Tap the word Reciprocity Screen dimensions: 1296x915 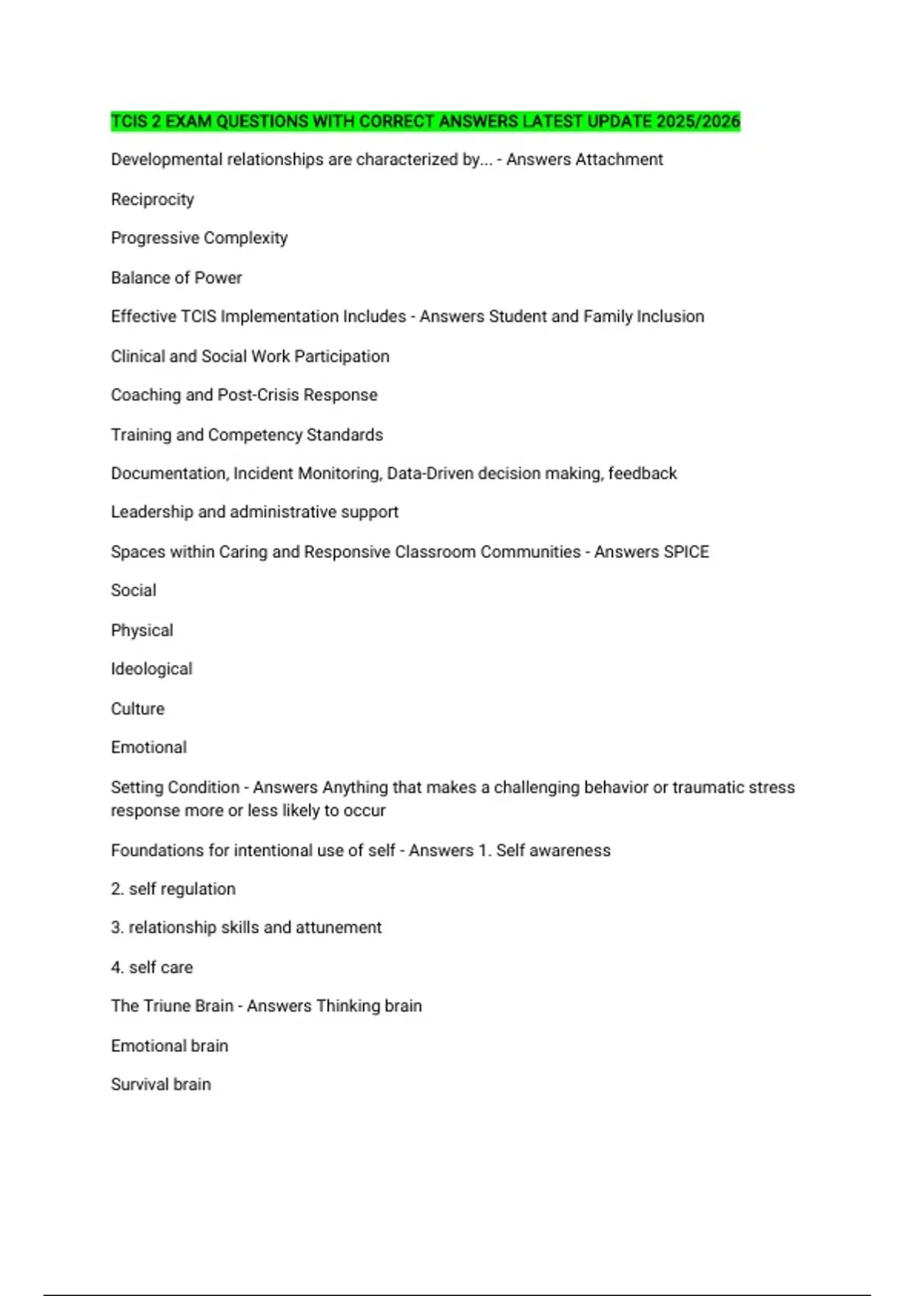(152, 200)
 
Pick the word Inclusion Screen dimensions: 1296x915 (670, 316)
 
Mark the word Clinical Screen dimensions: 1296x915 (137, 356)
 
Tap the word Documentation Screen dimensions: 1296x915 (169, 473)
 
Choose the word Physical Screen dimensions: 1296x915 (142, 630)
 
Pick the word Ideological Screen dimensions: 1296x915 (152, 669)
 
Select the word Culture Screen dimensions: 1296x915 (138, 709)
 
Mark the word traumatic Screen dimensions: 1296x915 (708, 788)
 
